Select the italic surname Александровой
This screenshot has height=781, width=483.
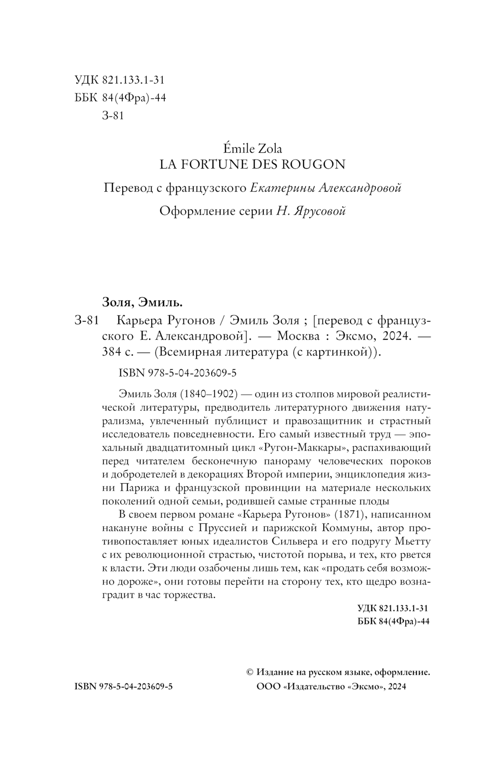coord(360,188)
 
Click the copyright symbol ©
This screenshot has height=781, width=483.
coord(250,672)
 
